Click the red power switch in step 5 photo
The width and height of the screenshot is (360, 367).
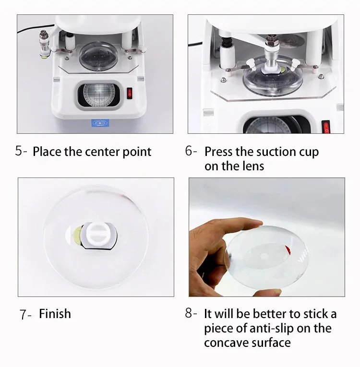129,94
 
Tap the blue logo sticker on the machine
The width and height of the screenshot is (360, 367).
100,123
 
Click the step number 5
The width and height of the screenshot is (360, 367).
19,151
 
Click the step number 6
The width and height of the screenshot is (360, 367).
189,151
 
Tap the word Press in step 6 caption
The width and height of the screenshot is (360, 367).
219,152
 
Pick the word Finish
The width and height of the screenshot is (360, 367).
55,314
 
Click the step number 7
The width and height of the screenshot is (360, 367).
23,314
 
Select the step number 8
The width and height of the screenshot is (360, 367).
189,313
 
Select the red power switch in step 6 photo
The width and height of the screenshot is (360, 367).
326,127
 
